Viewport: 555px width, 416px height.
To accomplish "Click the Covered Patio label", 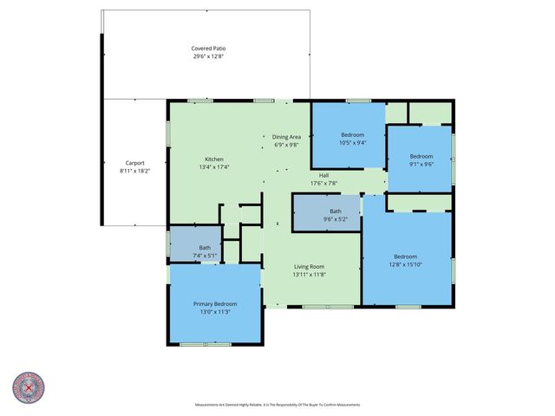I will [208, 49].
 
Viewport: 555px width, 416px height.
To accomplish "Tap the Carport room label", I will [134, 163].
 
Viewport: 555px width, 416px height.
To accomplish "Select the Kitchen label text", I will [214, 159].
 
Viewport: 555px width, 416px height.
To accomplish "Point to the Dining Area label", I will [286, 137].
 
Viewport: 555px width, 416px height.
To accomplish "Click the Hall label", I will [323, 175].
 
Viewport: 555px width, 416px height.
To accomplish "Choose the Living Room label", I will [309, 266].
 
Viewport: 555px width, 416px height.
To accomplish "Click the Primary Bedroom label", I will [214, 304].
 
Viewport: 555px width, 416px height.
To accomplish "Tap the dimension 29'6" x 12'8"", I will [208, 56].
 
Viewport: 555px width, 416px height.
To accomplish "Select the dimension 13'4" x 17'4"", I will [214, 167].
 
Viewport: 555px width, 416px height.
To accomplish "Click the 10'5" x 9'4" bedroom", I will [352, 139].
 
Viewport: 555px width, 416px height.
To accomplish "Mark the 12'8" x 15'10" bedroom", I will [405, 260].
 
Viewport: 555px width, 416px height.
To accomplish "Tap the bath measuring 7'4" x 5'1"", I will [205, 251].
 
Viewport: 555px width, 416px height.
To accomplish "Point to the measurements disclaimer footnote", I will [277, 405].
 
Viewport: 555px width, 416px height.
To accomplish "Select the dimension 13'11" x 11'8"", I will [309, 275].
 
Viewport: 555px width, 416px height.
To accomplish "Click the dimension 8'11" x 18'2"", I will [134, 171].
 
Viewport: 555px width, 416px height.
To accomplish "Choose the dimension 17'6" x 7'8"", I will [323, 183].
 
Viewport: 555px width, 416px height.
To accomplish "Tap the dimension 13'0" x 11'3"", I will [214, 312].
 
